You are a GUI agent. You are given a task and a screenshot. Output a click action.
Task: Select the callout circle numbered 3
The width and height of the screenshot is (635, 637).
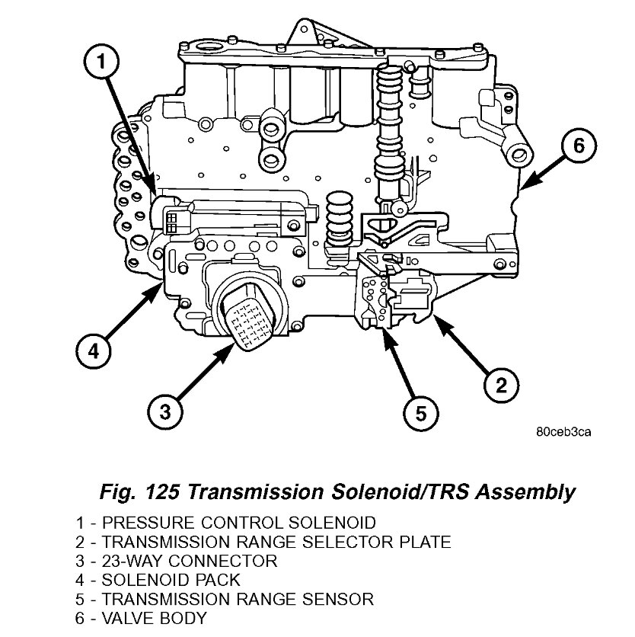click(164, 412)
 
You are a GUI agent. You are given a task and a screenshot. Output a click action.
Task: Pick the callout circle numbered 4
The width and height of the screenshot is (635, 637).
click(92, 352)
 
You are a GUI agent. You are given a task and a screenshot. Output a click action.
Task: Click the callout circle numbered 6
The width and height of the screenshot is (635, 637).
click(578, 146)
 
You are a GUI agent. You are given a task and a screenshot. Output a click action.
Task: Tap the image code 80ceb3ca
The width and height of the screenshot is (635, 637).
click(562, 432)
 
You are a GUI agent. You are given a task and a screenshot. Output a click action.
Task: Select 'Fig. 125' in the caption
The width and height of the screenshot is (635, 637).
click(138, 492)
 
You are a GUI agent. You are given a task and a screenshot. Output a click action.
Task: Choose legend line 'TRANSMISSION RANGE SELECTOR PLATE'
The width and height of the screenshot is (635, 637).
click(263, 543)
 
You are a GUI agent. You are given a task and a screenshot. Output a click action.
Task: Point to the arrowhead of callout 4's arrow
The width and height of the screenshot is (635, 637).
click(160, 286)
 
